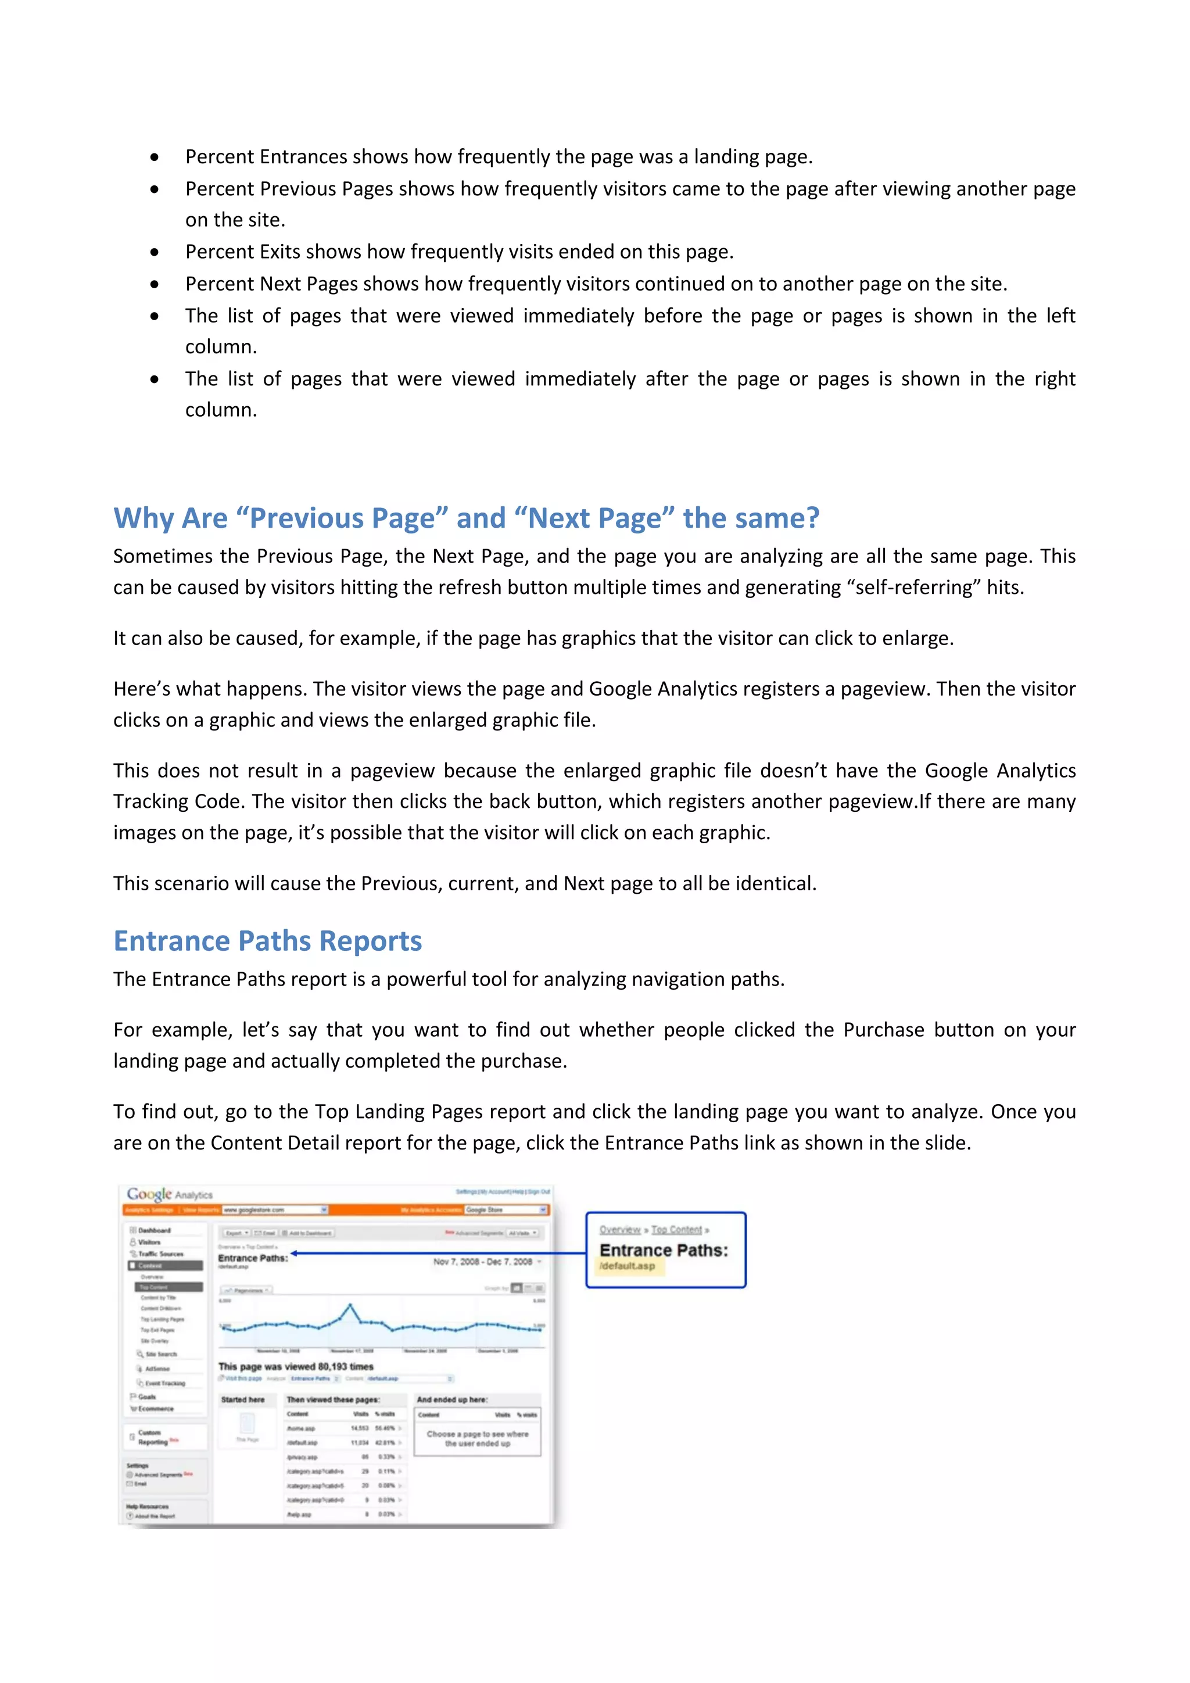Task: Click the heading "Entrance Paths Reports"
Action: [267, 941]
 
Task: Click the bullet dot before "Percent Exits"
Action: [154, 252]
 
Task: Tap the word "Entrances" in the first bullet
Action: [303, 157]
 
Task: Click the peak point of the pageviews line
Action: [350, 1305]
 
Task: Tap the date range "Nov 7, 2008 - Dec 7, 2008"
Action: [482, 1262]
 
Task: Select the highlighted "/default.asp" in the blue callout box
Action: [628, 1266]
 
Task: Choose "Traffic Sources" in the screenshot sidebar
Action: [160, 1254]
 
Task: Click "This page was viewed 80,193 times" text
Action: [296, 1366]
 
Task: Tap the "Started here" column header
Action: [242, 1399]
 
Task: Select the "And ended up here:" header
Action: [451, 1399]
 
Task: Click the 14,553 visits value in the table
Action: [360, 1428]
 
